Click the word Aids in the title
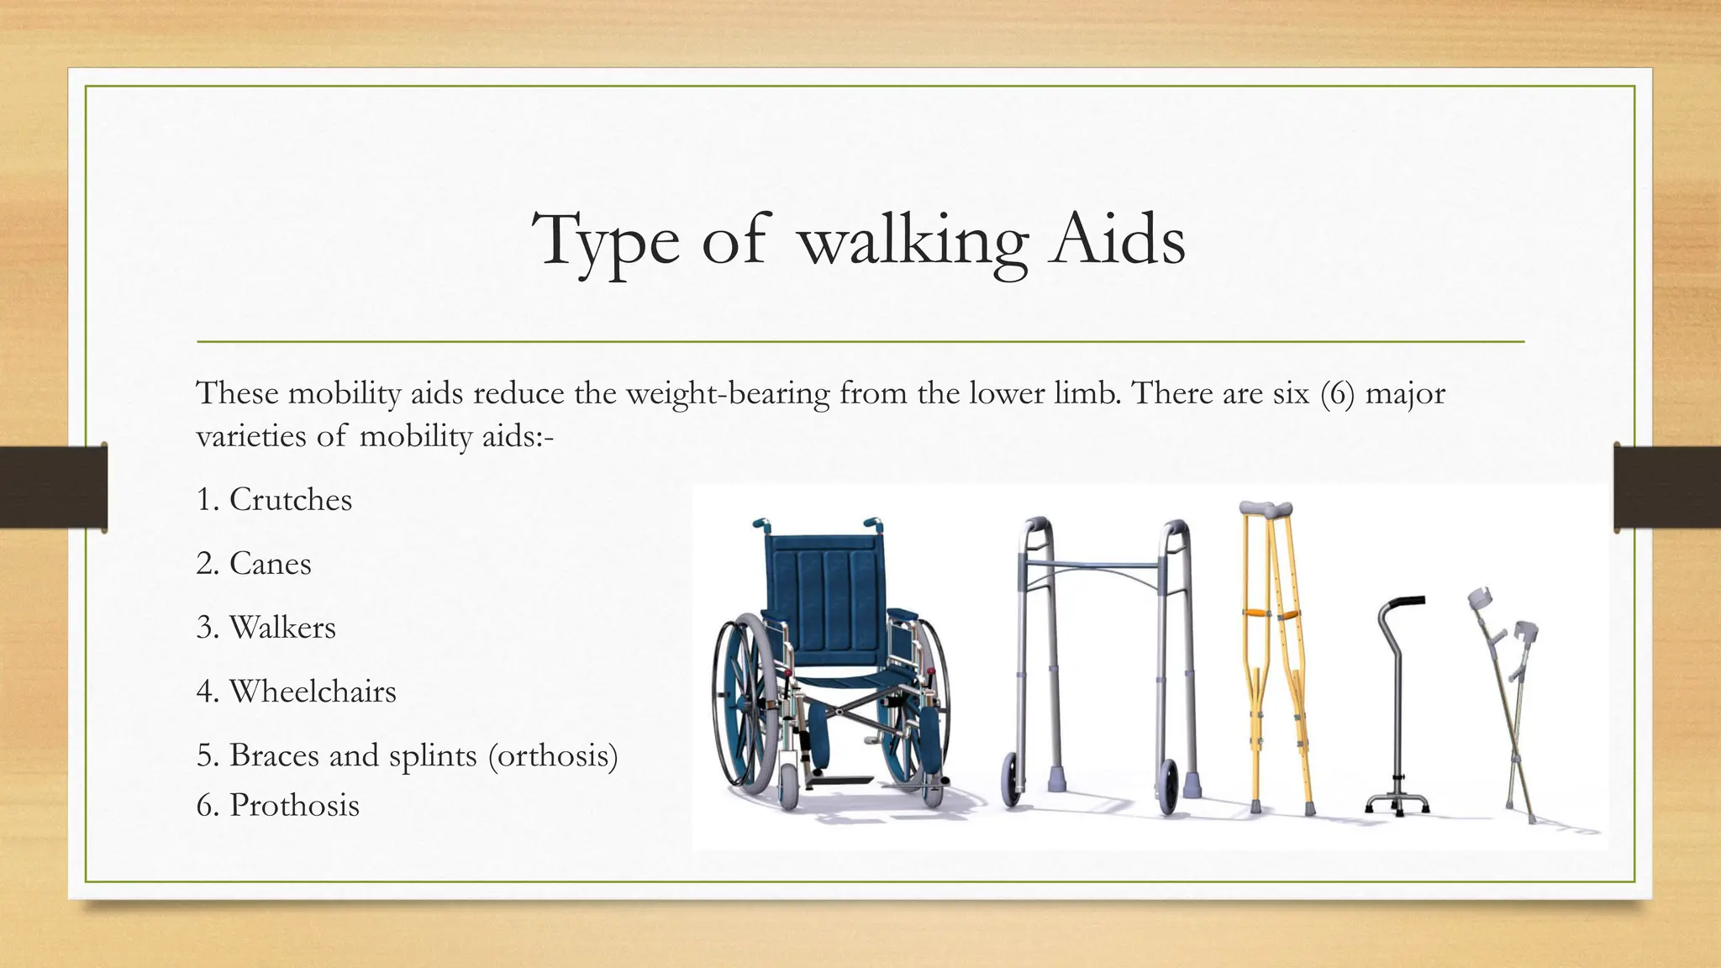click(1116, 240)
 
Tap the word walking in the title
click(913, 242)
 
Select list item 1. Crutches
click(274, 500)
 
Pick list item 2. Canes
click(254, 564)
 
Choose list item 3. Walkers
click(266, 628)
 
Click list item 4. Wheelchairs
click(296, 692)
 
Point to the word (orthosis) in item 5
click(553, 755)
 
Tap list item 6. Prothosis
click(277, 805)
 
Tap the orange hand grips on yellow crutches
click(1269, 615)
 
